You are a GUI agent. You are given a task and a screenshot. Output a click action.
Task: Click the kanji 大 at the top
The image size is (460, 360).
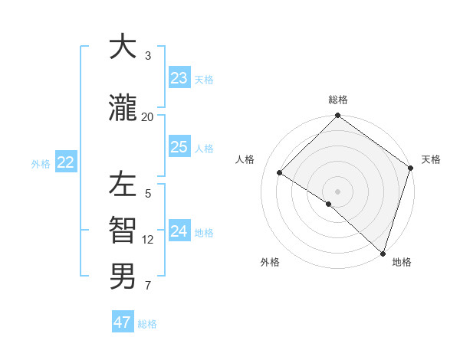(x=123, y=47)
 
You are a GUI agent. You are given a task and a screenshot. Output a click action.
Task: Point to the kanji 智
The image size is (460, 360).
(x=123, y=230)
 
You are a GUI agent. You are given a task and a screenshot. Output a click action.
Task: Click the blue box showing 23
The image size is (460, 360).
(x=179, y=78)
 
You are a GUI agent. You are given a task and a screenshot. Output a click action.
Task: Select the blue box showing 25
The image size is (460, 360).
(x=179, y=147)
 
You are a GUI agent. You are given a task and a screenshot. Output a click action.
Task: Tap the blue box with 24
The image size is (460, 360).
(x=179, y=232)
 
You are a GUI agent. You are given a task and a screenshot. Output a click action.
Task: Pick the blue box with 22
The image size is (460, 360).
(x=66, y=162)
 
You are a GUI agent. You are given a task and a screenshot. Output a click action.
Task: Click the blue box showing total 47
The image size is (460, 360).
(x=122, y=322)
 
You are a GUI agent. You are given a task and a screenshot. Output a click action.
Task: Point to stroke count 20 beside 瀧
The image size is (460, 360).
(x=148, y=116)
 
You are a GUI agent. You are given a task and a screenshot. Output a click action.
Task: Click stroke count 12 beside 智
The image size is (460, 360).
(x=148, y=239)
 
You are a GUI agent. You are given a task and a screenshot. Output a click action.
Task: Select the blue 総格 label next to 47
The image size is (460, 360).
(x=147, y=324)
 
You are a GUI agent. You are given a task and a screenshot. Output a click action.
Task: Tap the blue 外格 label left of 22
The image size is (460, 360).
(x=41, y=163)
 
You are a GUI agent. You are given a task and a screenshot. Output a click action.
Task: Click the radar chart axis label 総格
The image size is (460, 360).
(x=338, y=100)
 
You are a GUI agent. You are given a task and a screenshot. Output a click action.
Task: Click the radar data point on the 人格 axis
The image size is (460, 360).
(x=280, y=172)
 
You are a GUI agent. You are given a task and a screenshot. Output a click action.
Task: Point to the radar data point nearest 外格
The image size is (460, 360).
(x=328, y=204)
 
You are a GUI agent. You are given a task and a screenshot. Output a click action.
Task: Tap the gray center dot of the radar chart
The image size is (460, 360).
(x=337, y=191)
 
